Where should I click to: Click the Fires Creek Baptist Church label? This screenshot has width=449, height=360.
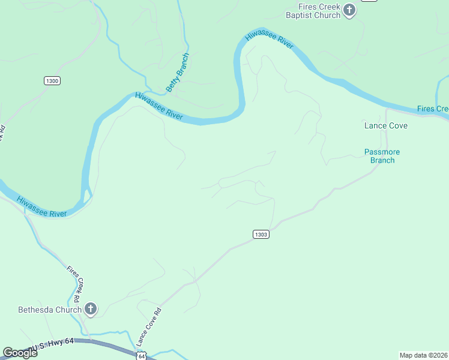tap(312, 11)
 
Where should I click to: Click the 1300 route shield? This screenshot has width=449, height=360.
tap(52, 80)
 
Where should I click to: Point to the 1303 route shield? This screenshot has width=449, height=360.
tap(261, 234)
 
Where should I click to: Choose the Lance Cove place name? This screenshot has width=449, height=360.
tap(386, 125)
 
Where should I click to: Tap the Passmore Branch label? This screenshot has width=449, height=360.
tap(382, 156)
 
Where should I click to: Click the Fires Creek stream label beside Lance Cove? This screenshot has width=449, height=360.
tap(433, 109)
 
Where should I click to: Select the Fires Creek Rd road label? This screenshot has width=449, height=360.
tap(74, 283)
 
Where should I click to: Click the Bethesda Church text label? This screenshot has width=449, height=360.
tap(49, 310)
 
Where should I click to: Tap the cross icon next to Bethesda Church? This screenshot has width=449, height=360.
tap(90, 309)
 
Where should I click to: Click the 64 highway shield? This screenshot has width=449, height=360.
tap(140, 356)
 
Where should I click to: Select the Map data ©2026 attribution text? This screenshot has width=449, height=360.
tap(423, 355)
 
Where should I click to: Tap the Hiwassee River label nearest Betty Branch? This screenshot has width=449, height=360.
tap(159, 106)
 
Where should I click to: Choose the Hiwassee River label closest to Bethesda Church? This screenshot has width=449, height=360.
tap(41, 206)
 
